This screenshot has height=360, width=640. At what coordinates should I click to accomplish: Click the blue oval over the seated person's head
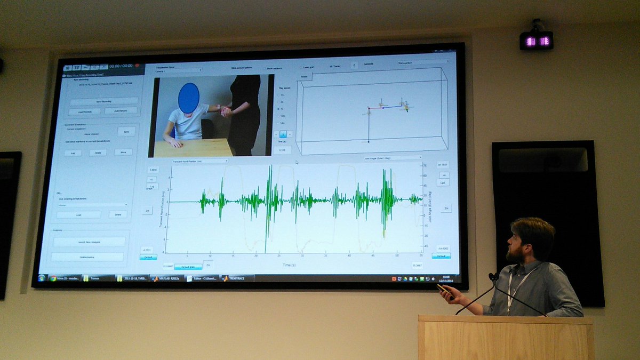tap(189, 98)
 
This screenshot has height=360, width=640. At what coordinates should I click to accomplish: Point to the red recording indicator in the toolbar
tap(137, 67)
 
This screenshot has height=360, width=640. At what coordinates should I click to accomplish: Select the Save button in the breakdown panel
tap(126, 131)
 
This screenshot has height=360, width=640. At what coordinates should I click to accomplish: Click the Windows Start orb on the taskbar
tap(42, 278)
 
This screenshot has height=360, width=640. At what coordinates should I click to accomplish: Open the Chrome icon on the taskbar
tap(53, 278)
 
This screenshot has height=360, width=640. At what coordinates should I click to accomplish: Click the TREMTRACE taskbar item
tap(236, 278)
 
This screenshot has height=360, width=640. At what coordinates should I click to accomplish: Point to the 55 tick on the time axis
tap(421, 256)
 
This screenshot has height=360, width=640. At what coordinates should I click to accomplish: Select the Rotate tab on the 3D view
tap(304, 77)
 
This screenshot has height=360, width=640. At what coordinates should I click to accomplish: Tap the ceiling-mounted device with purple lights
tap(536, 40)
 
